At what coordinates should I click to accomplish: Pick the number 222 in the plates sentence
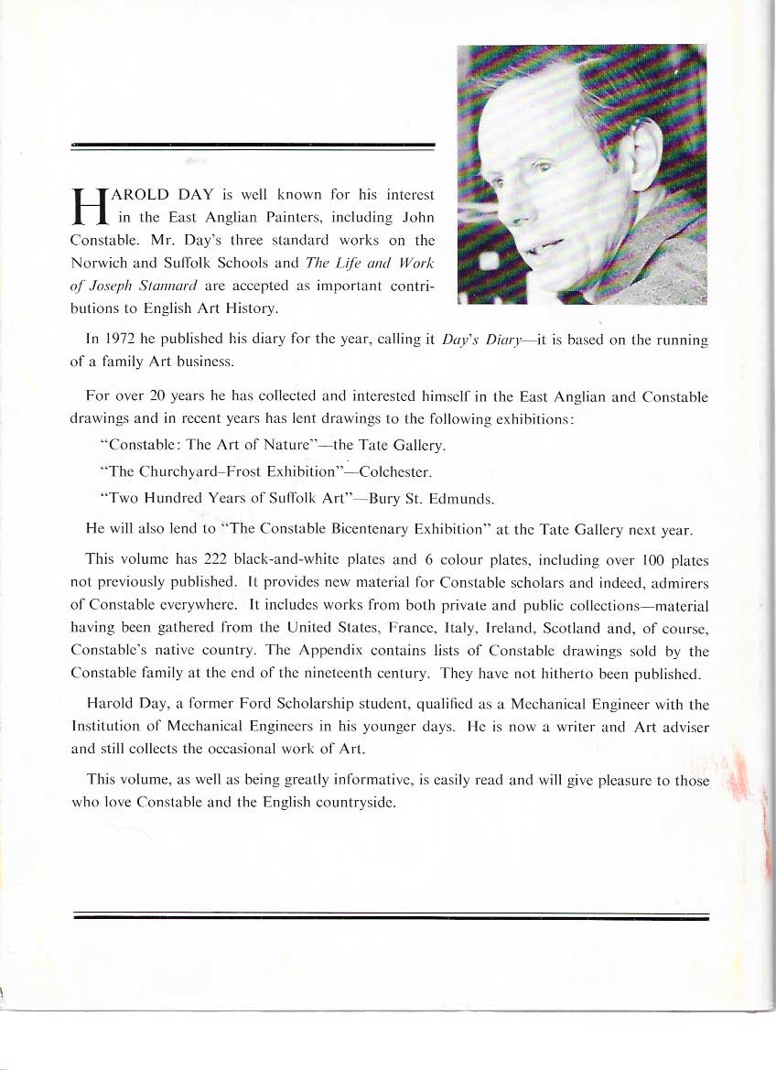click(x=202, y=558)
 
